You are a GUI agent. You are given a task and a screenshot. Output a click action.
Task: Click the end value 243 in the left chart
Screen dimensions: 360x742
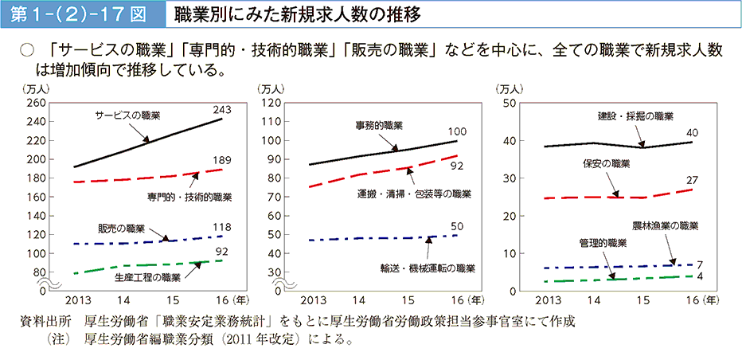[222, 109]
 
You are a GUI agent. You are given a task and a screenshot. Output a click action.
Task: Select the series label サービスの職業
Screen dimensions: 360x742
[127, 115]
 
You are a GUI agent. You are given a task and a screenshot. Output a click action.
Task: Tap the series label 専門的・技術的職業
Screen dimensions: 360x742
[189, 196]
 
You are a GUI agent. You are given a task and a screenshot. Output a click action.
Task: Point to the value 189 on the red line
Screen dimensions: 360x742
[222, 160]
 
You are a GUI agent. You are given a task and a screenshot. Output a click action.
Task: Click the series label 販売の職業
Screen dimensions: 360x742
[121, 226]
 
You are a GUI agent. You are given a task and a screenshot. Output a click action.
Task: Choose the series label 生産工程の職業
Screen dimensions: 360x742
[147, 277]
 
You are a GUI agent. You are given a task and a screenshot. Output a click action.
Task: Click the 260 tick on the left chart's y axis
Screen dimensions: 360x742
[37, 104]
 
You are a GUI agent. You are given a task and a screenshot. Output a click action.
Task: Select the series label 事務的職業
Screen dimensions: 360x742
[379, 126]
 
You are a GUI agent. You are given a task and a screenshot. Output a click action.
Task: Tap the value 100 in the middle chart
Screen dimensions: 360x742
[457, 131]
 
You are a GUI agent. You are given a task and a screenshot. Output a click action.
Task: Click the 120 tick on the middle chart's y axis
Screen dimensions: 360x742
[273, 104]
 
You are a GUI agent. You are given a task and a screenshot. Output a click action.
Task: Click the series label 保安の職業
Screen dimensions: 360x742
[606, 164]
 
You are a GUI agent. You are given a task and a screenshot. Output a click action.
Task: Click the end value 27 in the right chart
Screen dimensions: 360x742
[692, 180]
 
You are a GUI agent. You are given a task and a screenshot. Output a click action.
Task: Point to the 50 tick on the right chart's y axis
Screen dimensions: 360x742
[511, 104]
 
